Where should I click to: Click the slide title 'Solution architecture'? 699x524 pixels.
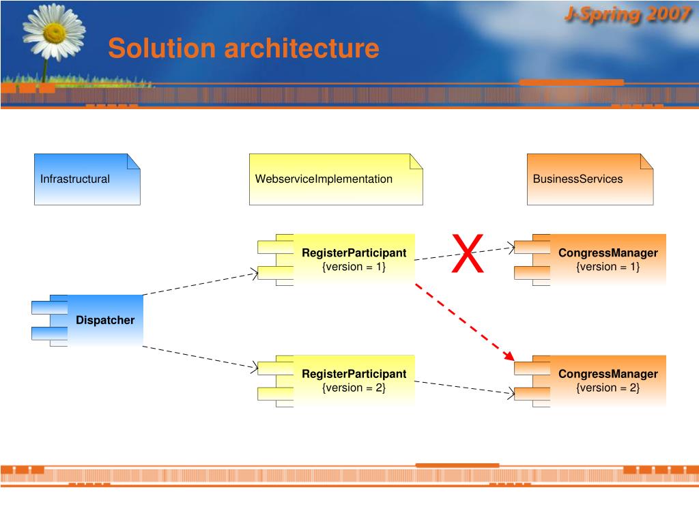point(243,48)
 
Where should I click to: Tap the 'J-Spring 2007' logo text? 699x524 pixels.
point(627,15)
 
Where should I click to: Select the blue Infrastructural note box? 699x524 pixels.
point(87,179)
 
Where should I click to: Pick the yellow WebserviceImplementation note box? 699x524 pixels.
point(335,179)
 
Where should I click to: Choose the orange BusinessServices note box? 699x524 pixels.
point(590,179)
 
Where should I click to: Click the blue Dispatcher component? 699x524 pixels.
point(104,320)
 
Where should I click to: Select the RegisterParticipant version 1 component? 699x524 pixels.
point(354,259)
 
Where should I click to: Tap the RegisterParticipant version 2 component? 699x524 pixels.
point(354,381)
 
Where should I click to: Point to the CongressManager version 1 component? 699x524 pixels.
point(608,259)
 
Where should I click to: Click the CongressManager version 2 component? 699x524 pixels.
point(608,381)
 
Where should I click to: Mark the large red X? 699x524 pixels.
point(468,254)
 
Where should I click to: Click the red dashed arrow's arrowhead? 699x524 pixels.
point(509,355)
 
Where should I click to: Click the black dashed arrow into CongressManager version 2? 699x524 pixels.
point(464,387)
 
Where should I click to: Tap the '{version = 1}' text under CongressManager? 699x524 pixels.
point(608,267)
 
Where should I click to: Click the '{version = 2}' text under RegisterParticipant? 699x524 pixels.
point(354,388)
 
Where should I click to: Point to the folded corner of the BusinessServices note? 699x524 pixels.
point(646,161)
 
